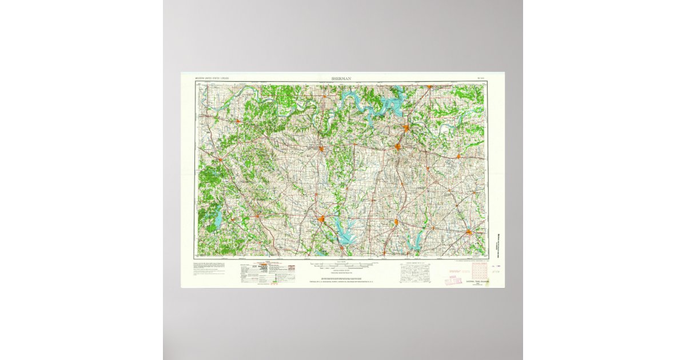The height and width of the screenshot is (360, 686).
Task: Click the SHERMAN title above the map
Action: coord(342,77)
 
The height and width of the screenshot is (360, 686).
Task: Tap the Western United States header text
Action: coord(217,77)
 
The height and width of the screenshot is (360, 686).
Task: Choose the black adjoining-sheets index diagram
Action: coord(417,274)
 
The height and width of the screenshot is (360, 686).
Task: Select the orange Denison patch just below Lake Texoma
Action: coord(406,128)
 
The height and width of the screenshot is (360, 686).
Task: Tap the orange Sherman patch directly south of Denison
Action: coord(398,147)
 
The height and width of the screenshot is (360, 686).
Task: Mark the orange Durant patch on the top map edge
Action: coord(429,87)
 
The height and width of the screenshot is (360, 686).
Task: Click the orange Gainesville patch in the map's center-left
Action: coord(321,149)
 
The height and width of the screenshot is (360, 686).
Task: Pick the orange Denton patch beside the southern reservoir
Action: coord(322,219)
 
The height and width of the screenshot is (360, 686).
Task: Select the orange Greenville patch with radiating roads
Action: coord(469,232)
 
